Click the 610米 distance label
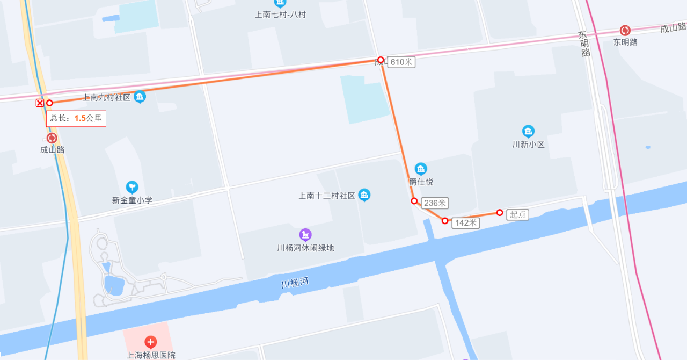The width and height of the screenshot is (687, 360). (401, 62)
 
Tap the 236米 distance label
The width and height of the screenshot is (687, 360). (435, 203)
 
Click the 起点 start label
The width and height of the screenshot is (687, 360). (517, 214)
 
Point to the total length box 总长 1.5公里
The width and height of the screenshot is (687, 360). (76, 118)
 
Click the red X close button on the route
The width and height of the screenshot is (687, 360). (40, 103)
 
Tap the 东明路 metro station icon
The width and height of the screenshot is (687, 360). (625, 31)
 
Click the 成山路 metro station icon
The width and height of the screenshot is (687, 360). (52, 138)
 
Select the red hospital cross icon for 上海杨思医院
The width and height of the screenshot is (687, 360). (151, 342)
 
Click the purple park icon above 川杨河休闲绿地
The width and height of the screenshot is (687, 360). (305, 235)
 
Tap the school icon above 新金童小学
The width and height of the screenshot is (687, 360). (132, 187)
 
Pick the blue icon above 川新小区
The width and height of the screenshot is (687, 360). (528, 132)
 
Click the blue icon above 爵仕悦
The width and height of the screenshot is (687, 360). (421, 169)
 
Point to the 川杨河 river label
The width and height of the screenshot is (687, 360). (295, 282)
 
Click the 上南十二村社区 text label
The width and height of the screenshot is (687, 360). (327, 196)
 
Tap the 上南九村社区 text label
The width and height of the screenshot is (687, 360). (106, 98)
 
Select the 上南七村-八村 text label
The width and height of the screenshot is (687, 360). (280, 15)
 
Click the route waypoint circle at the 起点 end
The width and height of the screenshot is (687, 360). (500, 213)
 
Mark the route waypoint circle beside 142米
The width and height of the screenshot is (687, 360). (445, 221)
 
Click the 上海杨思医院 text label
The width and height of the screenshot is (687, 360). (151, 355)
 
